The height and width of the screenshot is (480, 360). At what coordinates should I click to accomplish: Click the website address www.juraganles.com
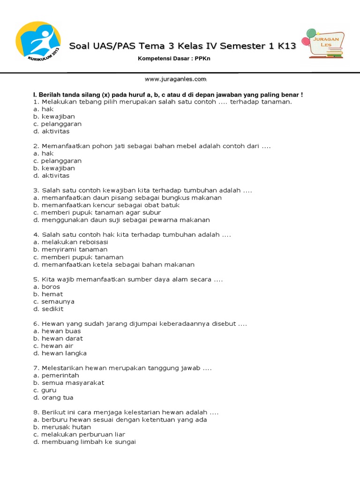coord(175,79)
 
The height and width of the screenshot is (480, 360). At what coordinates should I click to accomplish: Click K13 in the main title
coord(286,46)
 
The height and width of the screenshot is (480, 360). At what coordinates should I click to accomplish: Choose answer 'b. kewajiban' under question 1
coord(54,116)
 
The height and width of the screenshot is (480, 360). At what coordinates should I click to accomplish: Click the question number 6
coord(36,323)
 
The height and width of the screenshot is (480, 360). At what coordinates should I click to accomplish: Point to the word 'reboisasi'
coord(91,242)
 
